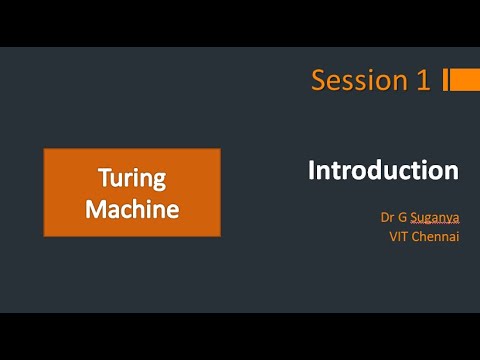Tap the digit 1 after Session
pos(424,81)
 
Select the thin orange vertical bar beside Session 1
pos(444,80)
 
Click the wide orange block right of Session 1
pos(465,80)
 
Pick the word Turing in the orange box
pos(131,179)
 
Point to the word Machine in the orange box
pos(131,209)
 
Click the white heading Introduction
pos(383,170)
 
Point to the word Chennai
pos(436,237)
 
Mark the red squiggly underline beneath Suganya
pos(433,226)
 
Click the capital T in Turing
pos(103,179)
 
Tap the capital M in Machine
pos(95,209)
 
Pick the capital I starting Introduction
pos(311,170)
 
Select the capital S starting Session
pos(319,81)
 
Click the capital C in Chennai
pos(417,237)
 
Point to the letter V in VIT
pos(391,237)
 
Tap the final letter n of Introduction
pos(452,171)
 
